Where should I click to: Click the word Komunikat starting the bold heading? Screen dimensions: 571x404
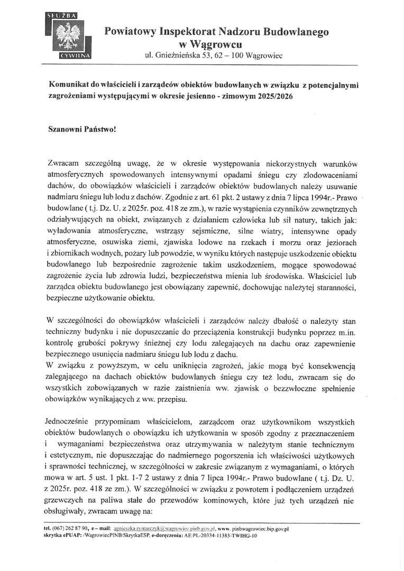[x=70, y=84]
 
